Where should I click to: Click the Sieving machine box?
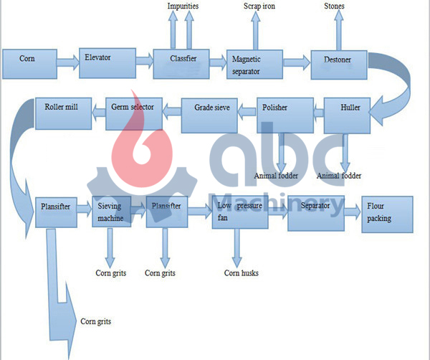110,212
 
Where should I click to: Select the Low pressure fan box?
239,212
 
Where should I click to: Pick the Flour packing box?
387,212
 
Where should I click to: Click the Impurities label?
183,6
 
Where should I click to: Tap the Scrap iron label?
259,6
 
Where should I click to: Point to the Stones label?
334,6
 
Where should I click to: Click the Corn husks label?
241,273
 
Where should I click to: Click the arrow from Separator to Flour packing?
350,211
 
